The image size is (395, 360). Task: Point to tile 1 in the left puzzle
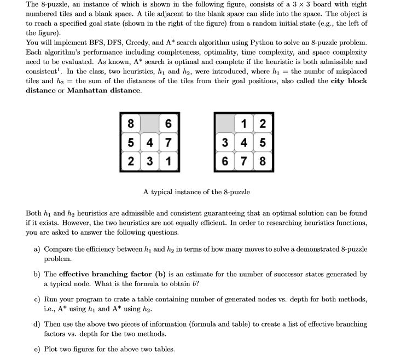pyautogui.click(x=169, y=162)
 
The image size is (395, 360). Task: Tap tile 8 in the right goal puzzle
pyautogui.click(x=263, y=162)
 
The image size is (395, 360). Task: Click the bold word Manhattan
pyautogui.click(x=90, y=90)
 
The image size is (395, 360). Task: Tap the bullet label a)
pyautogui.click(x=38, y=249)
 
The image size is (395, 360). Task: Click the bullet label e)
pyautogui.click(x=38, y=348)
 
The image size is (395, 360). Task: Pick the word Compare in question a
pyautogui.click(x=59, y=249)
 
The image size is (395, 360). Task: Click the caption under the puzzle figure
pyautogui.click(x=196, y=191)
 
